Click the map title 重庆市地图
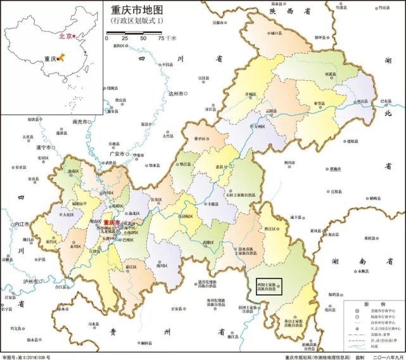[137, 10]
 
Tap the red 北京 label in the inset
[65, 36]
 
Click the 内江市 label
[22, 223]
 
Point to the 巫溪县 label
[330, 74]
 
